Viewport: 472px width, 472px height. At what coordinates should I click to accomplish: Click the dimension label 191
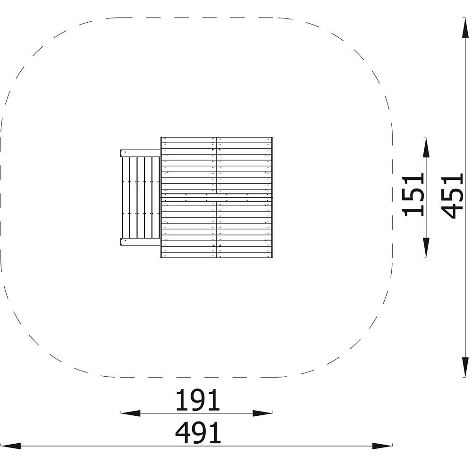(x=198, y=400)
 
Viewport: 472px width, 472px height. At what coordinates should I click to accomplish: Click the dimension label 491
(x=198, y=432)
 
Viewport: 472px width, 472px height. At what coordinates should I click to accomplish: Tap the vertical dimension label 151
(x=413, y=195)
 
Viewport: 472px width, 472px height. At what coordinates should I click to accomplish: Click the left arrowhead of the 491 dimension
(x=10, y=446)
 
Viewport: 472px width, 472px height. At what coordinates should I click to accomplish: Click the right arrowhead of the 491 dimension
(x=382, y=446)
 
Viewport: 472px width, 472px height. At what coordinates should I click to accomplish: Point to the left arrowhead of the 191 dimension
(x=130, y=413)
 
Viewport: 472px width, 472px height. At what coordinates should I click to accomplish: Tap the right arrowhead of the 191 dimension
(x=262, y=413)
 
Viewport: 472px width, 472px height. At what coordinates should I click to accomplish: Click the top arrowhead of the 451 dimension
(x=465, y=28)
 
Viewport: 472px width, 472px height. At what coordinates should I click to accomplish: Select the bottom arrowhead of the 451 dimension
(x=465, y=367)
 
